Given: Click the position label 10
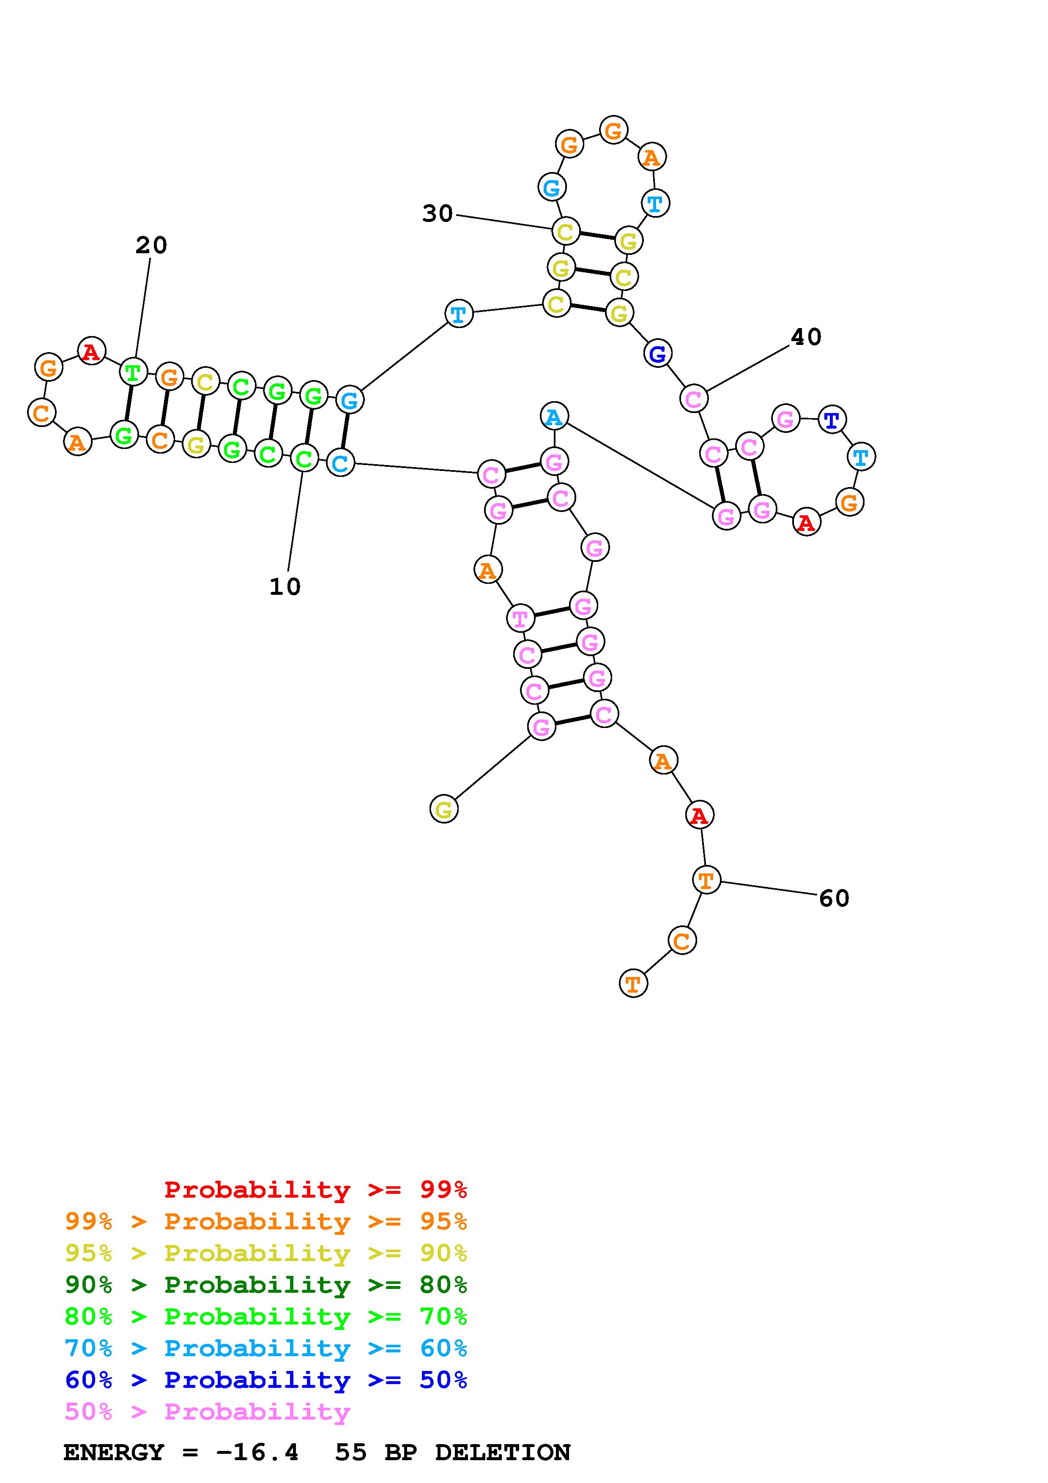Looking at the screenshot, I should pyautogui.click(x=285, y=586).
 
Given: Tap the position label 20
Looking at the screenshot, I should pyautogui.click(x=151, y=246).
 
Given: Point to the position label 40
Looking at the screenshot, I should pyautogui.click(x=806, y=337).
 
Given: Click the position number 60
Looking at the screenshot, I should pyautogui.click(x=834, y=898).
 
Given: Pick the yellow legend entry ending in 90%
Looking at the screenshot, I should pyautogui.click(x=266, y=1253).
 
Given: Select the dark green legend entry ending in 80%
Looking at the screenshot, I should pyautogui.click(x=266, y=1285).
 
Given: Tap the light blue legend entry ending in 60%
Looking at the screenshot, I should pyautogui.click(x=266, y=1348).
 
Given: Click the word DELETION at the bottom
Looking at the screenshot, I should pyautogui.click(x=502, y=1452).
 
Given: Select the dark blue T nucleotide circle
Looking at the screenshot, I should pyautogui.click(x=832, y=420).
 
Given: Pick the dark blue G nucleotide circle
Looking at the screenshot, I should pyautogui.click(x=657, y=353).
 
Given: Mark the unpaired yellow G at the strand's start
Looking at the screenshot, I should pyautogui.click(x=443, y=809).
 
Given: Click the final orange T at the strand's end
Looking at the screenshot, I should pyautogui.click(x=633, y=983).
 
